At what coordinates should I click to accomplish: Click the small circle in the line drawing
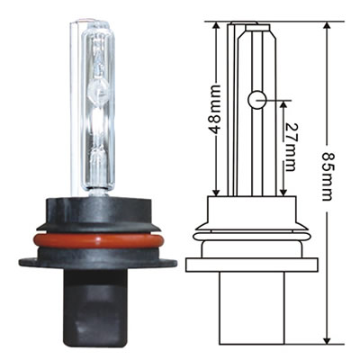tap(256, 98)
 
